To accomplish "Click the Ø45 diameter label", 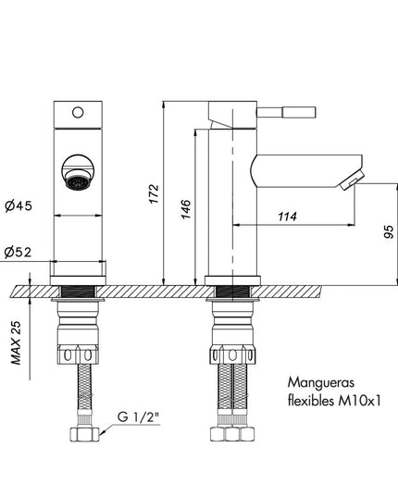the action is coord(19,206).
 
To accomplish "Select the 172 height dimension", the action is coord(154,193).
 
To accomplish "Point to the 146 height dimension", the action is coord(186,209).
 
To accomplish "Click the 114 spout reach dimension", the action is coord(288,217).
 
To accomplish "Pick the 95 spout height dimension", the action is coord(389,231).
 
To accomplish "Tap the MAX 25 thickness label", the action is coord(16,342).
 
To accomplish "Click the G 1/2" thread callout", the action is coord(138,417).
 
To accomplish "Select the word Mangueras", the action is coord(320,383).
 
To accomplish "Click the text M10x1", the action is coord(359,402).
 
